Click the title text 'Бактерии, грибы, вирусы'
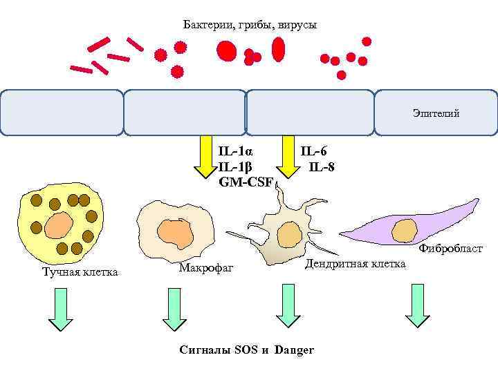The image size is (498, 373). tap(250, 26)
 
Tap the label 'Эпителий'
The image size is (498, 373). tap(436, 113)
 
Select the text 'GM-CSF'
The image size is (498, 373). tap(246, 182)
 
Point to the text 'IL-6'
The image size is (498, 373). tap(314, 151)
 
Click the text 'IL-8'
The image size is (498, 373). tap(322, 166)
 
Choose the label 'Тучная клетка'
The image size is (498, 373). tap(80, 272)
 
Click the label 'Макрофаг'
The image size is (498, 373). tap(206, 267)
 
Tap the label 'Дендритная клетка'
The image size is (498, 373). tap(355, 264)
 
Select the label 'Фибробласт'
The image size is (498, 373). tap(450, 249)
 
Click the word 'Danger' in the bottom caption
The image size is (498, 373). tap(294, 350)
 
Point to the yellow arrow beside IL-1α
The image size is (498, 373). tap(205, 157)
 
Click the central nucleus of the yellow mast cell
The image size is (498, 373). tap(60, 224)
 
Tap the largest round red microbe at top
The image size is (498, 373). tap(226, 50)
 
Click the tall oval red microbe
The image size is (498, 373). tap(278, 49)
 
